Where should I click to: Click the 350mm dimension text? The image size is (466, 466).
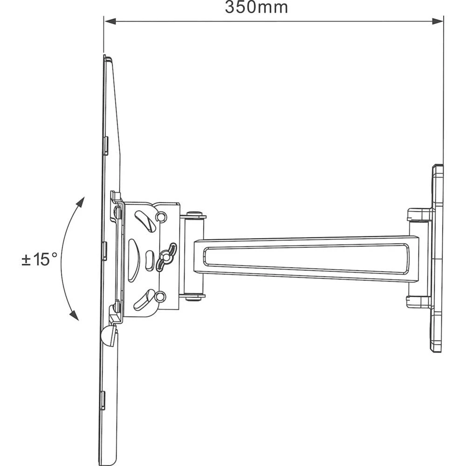(256, 8)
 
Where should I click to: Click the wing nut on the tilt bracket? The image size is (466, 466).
(166, 256)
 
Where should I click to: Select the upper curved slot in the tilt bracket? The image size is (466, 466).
(145, 221)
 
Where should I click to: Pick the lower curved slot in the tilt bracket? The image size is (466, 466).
(144, 300)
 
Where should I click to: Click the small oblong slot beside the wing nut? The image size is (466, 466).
(149, 260)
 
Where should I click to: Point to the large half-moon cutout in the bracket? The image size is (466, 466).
(133, 260)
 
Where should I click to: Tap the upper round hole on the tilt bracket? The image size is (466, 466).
(161, 217)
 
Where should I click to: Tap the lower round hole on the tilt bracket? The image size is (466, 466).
(161, 296)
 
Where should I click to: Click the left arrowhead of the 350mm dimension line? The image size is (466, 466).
(110, 21)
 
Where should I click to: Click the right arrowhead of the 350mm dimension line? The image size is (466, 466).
(438, 21)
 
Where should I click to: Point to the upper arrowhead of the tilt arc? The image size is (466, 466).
(80, 202)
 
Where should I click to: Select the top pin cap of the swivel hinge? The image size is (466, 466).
(196, 215)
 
